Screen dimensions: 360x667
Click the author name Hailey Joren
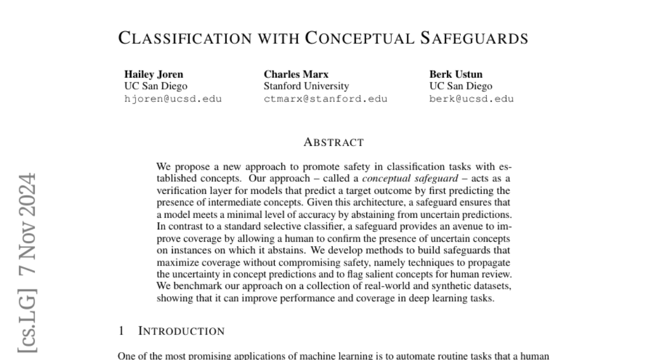pyautogui.click(x=153, y=74)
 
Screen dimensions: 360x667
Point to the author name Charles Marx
pyautogui.click(x=296, y=74)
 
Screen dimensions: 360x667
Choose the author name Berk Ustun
pyautogui.click(x=456, y=74)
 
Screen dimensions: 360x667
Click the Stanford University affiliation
pyautogui.click(x=306, y=86)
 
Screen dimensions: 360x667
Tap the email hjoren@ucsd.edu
pyautogui.click(x=173, y=99)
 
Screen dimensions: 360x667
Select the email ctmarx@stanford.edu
pyautogui.click(x=325, y=99)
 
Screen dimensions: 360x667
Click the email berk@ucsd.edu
pyautogui.click(x=471, y=99)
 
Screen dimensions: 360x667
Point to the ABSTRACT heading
pyautogui.click(x=333, y=142)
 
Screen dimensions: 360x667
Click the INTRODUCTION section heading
pyautogui.click(x=181, y=331)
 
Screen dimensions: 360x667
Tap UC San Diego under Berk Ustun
pyautogui.click(x=461, y=86)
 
